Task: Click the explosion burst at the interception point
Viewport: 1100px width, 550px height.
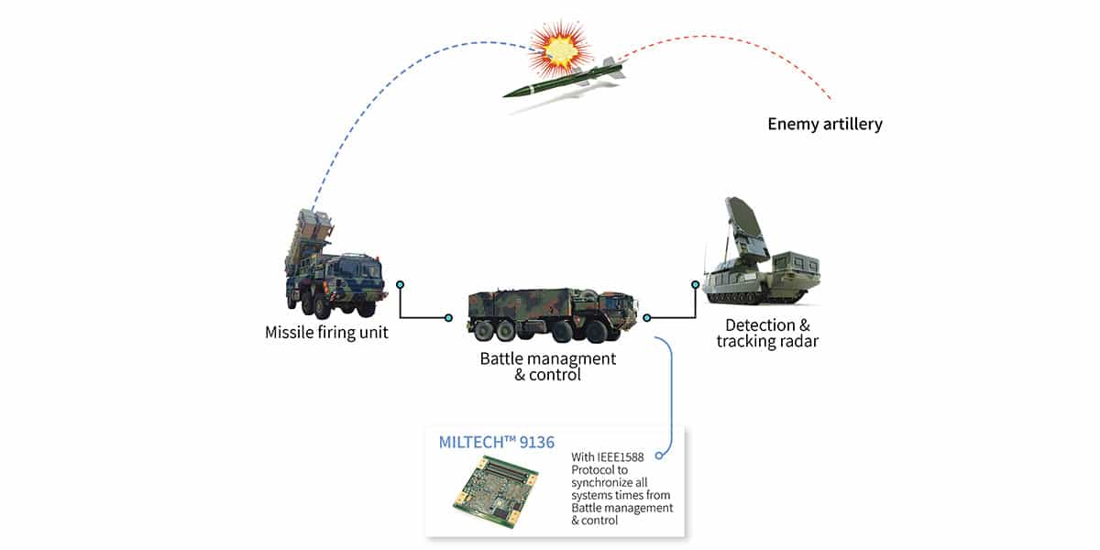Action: pos(560,49)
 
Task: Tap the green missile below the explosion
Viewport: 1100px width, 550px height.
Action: pos(564,79)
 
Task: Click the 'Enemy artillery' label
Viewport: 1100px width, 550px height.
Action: pos(825,124)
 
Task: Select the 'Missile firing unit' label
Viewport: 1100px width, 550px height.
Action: pos(326,333)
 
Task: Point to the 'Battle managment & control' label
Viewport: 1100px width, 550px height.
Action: pos(547,367)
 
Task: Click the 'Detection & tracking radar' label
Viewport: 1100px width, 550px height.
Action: pos(767,333)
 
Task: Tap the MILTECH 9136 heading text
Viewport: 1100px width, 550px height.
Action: pos(497,443)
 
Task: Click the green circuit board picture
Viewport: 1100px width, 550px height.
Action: pos(496,490)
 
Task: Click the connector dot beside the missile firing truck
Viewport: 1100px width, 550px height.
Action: pos(401,285)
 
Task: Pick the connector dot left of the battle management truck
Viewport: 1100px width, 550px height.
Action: pos(448,318)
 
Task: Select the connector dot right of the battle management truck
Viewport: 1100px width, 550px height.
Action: pos(647,318)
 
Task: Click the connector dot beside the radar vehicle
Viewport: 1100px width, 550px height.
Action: pos(696,285)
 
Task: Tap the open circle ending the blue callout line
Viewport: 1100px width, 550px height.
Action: pos(659,456)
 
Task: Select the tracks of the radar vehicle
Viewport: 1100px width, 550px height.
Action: pos(756,297)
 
